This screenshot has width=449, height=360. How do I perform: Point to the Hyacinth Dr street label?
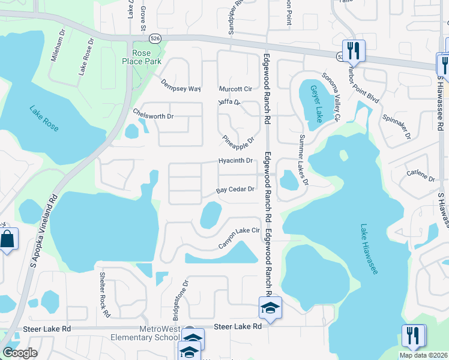[235, 161]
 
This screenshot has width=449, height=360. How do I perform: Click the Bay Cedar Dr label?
[236, 190]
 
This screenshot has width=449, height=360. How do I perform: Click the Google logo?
[20, 352]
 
